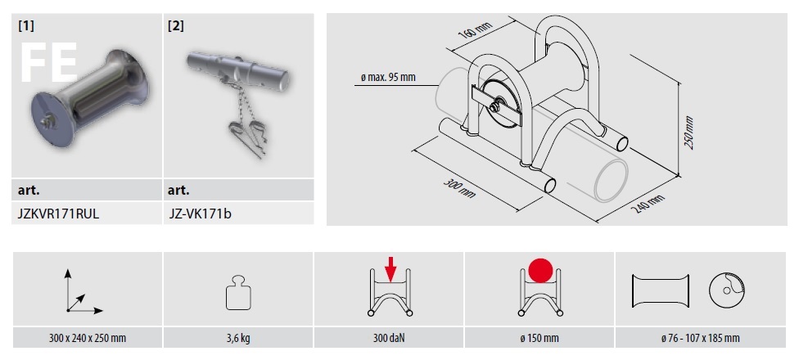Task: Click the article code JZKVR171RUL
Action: [x=58, y=214]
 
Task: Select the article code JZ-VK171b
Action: [x=200, y=214]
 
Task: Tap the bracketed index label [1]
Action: [x=26, y=26]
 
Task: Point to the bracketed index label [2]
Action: [x=176, y=26]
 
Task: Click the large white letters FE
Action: [x=49, y=63]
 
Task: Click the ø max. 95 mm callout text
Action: [x=387, y=78]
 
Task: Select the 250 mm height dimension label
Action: [x=689, y=133]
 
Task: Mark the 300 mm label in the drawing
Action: [x=460, y=188]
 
